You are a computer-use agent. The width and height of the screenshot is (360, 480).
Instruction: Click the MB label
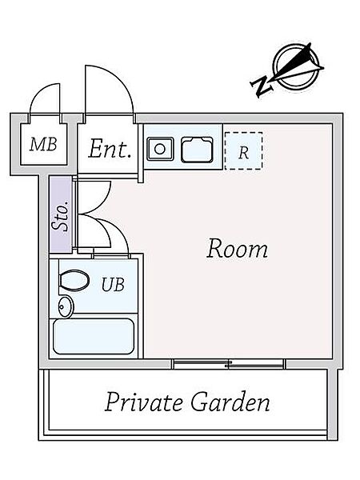(43, 144)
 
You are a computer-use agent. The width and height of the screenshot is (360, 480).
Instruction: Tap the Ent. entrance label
(110, 149)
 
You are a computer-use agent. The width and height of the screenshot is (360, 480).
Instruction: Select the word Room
(237, 249)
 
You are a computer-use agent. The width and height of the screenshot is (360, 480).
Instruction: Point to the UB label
(113, 284)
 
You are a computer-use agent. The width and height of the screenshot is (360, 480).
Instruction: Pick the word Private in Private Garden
(143, 402)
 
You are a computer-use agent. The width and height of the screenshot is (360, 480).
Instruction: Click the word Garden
(230, 402)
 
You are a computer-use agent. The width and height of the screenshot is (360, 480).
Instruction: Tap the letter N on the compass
(262, 86)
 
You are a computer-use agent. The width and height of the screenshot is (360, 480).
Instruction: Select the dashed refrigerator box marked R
(243, 150)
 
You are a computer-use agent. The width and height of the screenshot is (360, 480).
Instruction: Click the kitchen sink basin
(197, 149)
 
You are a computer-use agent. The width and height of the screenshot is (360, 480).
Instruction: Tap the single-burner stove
(160, 149)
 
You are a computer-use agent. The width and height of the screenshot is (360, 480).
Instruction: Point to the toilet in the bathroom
(74, 280)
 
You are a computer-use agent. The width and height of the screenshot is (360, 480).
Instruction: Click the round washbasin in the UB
(66, 306)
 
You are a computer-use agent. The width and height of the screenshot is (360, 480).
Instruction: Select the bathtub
(94, 336)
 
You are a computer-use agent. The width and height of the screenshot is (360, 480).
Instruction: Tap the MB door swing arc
(41, 91)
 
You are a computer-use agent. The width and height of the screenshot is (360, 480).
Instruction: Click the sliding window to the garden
(229, 364)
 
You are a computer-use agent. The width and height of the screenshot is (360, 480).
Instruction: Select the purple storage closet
(61, 214)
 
